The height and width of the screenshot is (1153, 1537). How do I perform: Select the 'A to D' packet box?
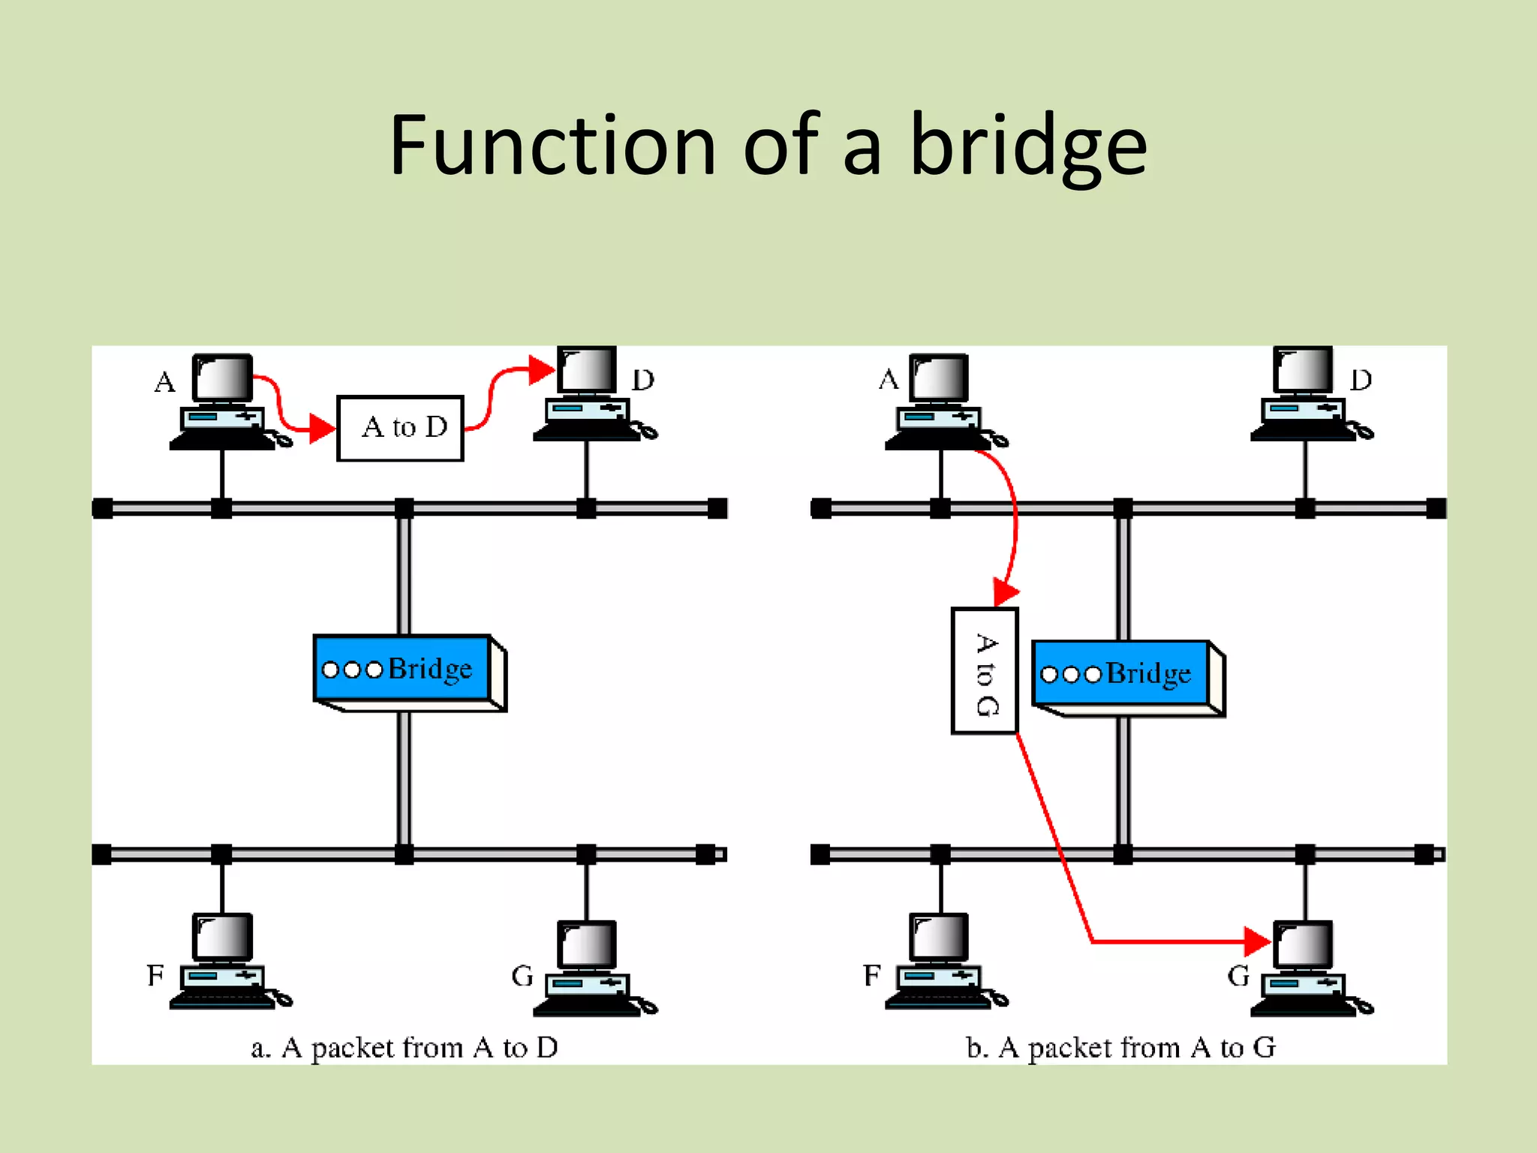pyautogui.click(x=400, y=428)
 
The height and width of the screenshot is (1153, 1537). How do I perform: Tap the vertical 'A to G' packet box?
pyautogui.click(x=984, y=671)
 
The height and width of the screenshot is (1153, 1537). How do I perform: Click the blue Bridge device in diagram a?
pyautogui.click(x=404, y=669)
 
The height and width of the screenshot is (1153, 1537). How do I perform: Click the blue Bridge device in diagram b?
pyautogui.click(x=1121, y=673)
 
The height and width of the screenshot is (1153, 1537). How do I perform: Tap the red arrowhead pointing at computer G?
pyautogui.click(x=1256, y=941)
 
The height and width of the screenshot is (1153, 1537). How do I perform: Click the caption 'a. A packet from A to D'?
pyautogui.click(x=405, y=1047)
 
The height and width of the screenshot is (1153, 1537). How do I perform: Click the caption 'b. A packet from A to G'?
pyautogui.click(x=1120, y=1047)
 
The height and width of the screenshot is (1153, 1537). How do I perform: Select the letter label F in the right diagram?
pyautogui.click(x=871, y=976)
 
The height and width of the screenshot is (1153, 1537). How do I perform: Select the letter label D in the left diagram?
pyautogui.click(x=643, y=380)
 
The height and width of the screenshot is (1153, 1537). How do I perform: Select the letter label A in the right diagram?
pyautogui.click(x=889, y=379)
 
